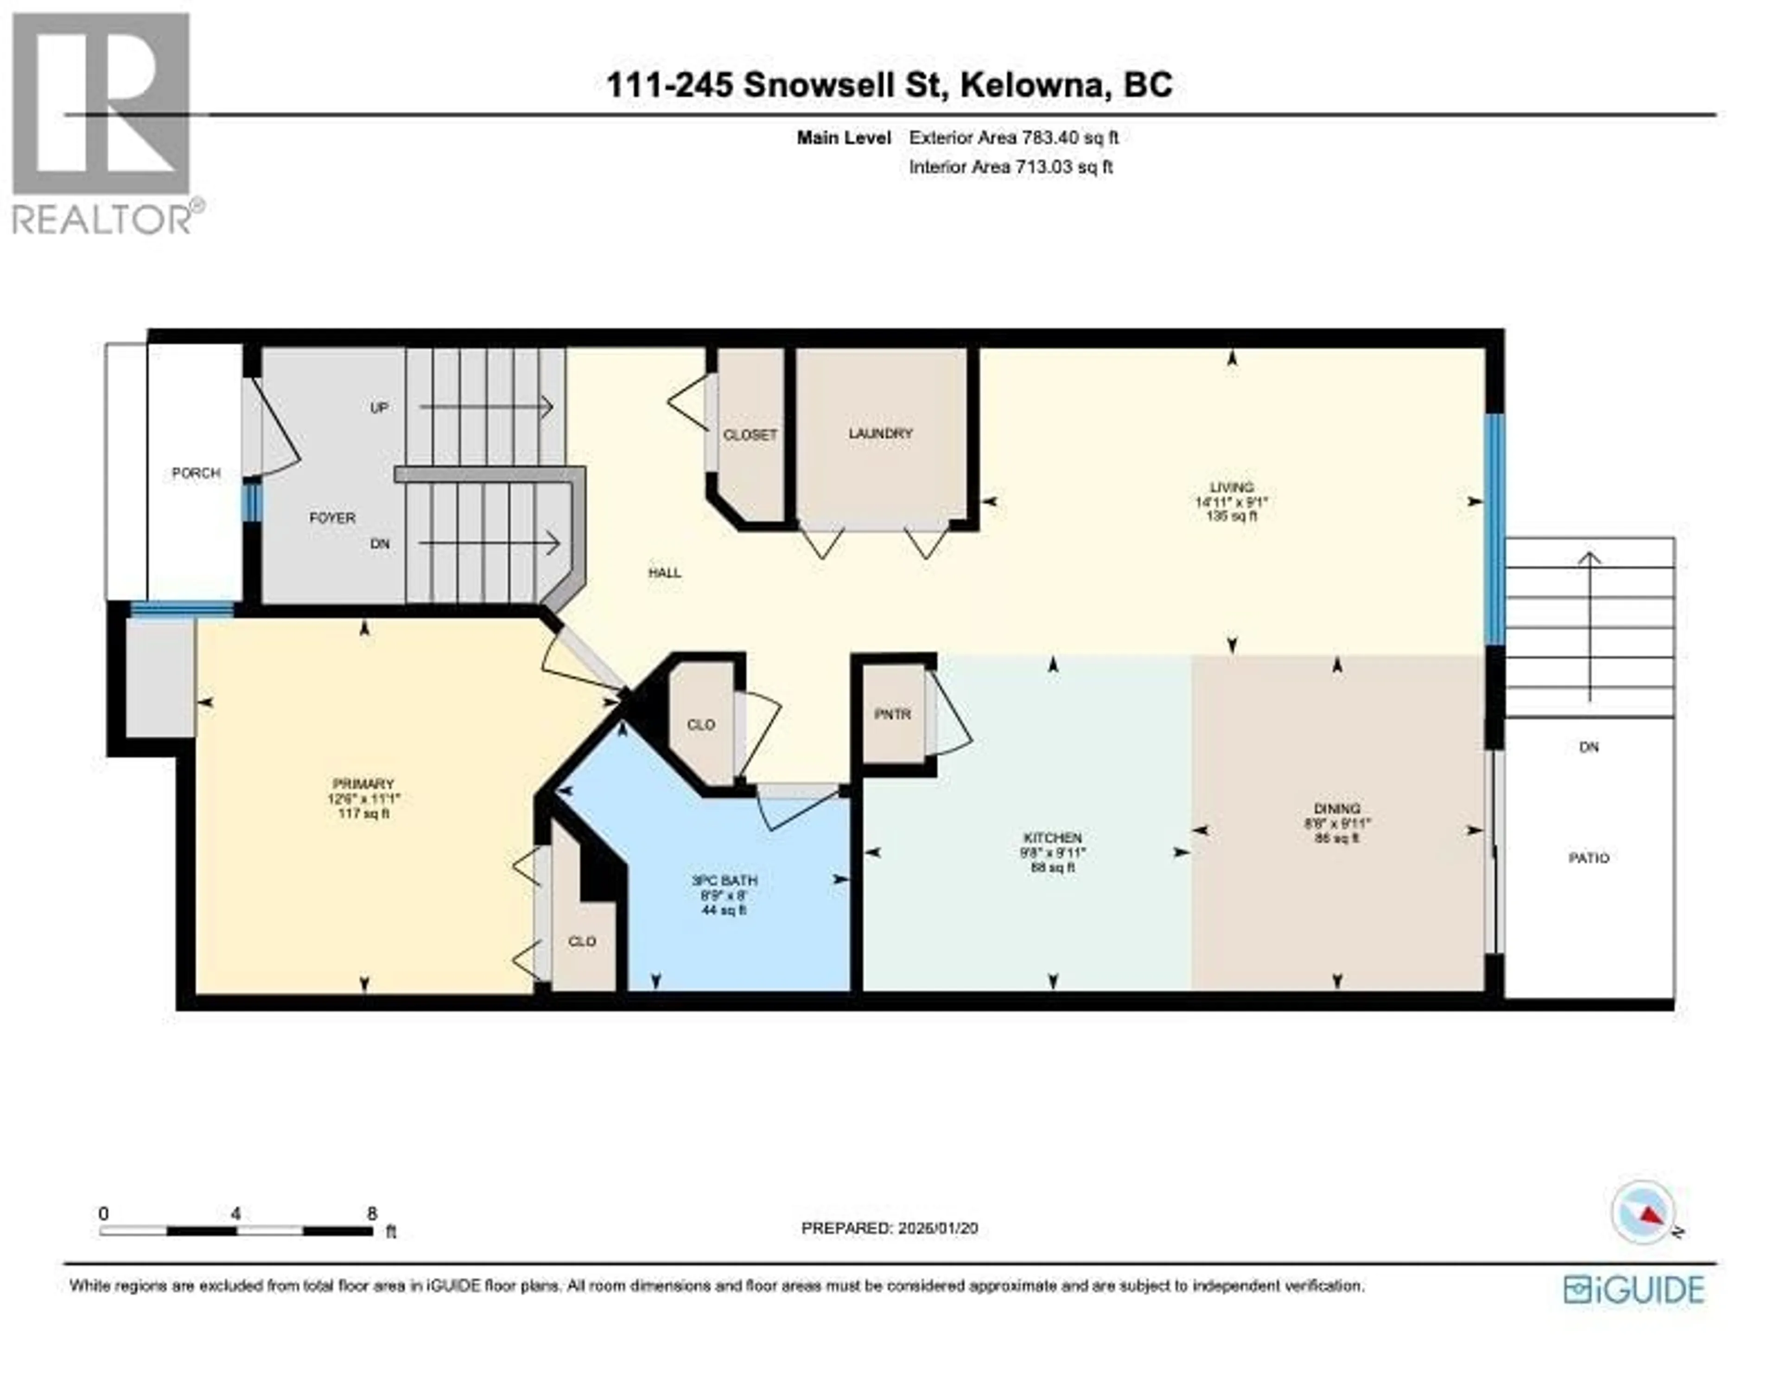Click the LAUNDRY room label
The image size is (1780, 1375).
pyautogui.click(x=880, y=434)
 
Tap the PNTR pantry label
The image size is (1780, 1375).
pyautogui.click(x=892, y=714)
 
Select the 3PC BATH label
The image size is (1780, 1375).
pyautogui.click(x=724, y=880)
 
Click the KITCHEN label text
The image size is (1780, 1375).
pyautogui.click(x=1052, y=838)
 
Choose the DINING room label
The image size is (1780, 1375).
pyautogui.click(x=1337, y=809)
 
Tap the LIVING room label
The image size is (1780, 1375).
pyautogui.click(x=1232, y=488)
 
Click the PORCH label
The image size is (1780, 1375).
pyautogui.click(x=196, y=473)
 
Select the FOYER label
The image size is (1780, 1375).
pyautogui.click(x=332, y=518)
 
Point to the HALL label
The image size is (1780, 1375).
pyautogui.click(x=664, y=573)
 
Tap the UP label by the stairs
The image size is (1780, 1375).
pyautogui.click(x=379, y=407)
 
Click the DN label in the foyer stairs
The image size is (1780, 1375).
pyautogui.click(x=380, y=544)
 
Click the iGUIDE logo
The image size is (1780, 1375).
pyautogui.click(x=1634, y=1289)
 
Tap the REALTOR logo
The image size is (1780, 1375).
pyautogui.click(x=102, y=122)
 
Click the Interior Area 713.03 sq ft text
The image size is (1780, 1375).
pyautogui.click(x=1011, y=167)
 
